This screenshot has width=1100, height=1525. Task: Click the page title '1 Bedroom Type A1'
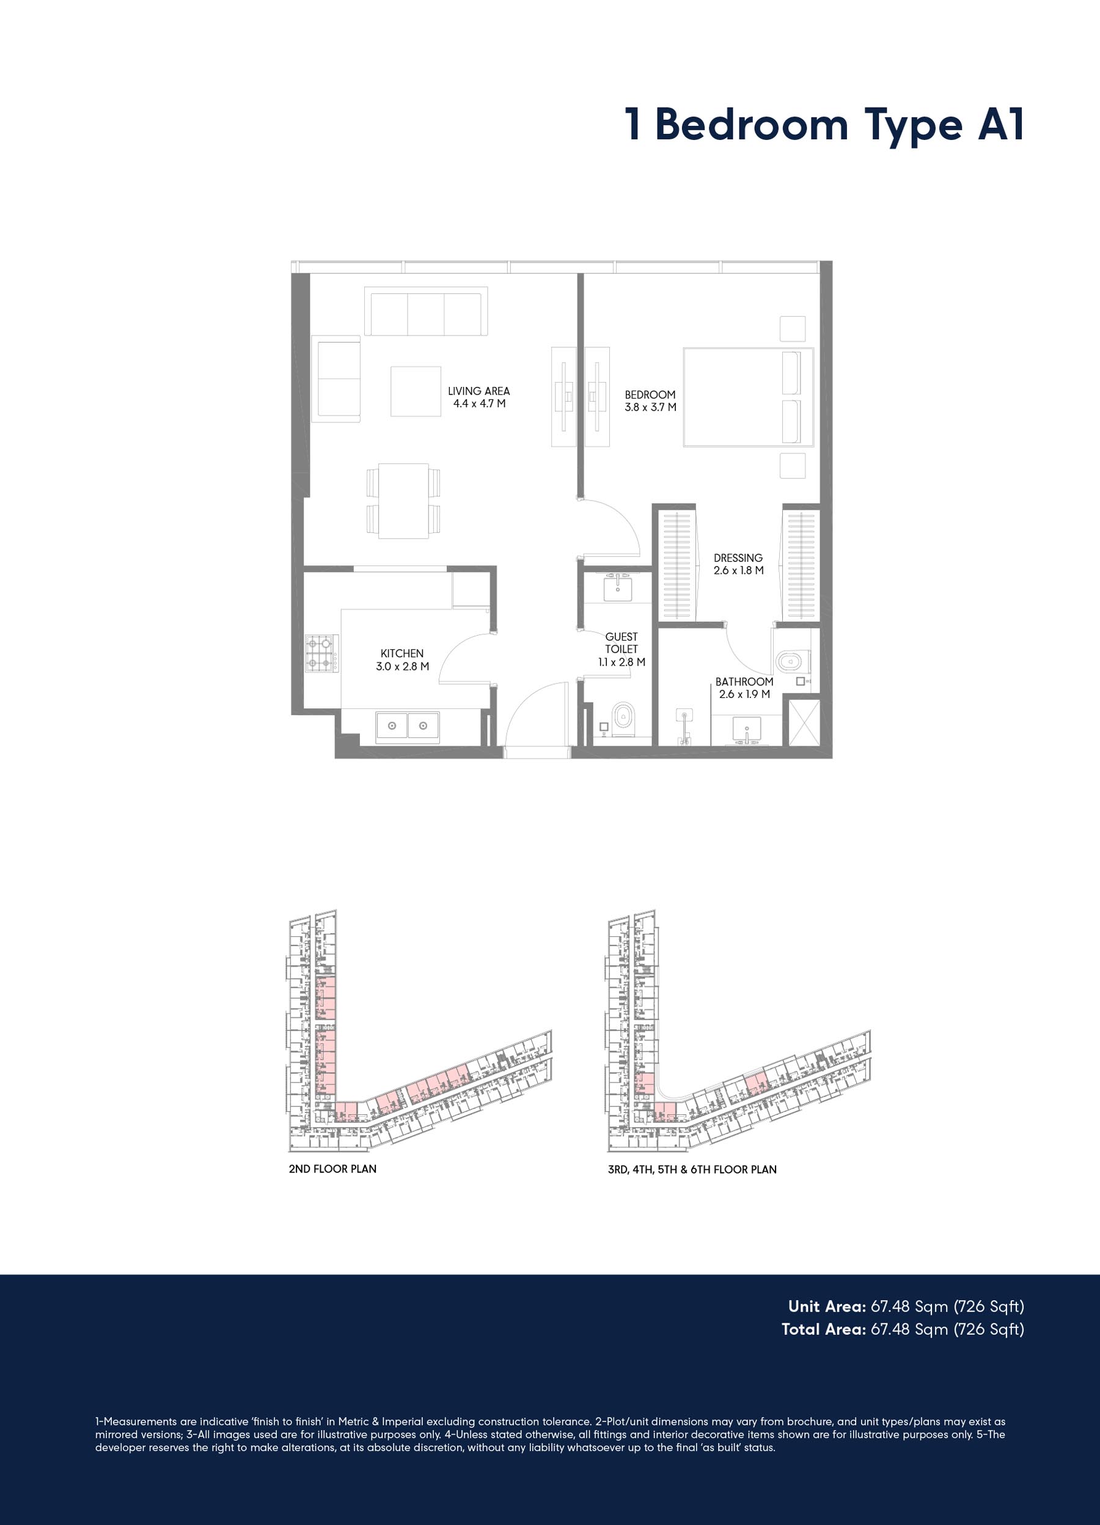[x=824, y=126]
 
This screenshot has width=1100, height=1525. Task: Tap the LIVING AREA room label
[x=479, y=397]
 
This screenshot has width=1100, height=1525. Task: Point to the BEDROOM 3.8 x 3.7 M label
[x=650, y=401]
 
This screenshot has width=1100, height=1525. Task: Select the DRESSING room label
[x=738, y=564]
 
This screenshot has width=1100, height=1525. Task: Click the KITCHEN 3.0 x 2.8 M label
[x=402, y=660]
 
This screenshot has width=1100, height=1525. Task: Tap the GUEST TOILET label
[x=621, y=649]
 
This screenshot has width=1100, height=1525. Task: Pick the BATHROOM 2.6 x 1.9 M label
[x=744, y=688]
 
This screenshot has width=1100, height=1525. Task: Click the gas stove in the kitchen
[x=321, y=653]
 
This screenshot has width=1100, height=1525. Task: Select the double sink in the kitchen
[x=408, y=726]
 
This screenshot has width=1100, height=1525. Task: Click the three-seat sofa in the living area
[x=425, y=311]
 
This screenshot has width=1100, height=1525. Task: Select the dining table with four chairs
[x=403, y=501]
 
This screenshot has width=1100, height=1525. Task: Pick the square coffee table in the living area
[x=416, y=391]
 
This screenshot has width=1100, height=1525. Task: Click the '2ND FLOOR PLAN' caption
[x=332, y=1169]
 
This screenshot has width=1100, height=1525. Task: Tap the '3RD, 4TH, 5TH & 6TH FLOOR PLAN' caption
[x=692, y=1169]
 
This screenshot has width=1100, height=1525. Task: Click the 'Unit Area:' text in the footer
[x=827, y=1306]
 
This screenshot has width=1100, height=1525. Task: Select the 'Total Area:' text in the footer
[x=824, y=1329]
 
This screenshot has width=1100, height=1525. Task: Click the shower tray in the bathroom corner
[x=804, y=723]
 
